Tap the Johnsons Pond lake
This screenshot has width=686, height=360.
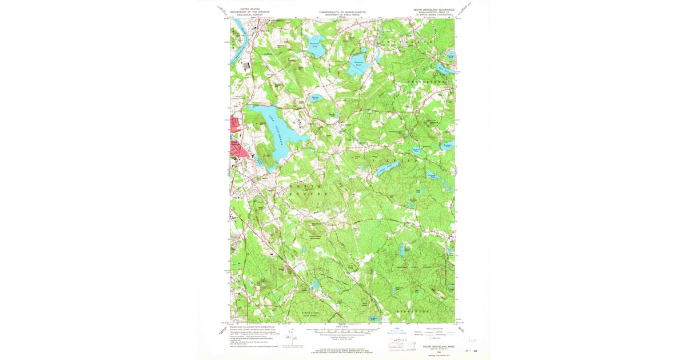(358, 67)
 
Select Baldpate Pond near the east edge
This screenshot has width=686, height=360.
(448, 147)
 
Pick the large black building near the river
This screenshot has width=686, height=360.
(246, 66)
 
